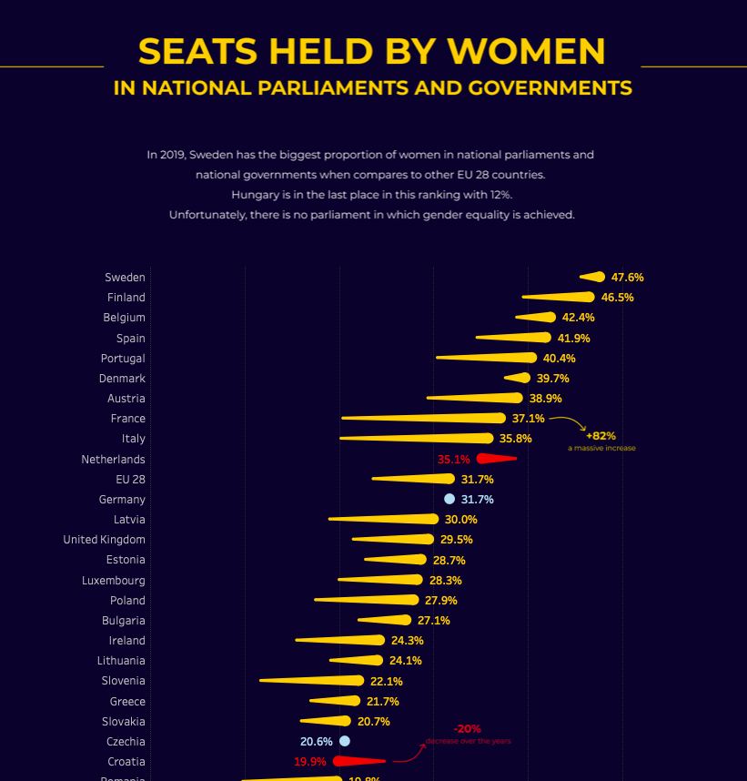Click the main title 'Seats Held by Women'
[372, 51]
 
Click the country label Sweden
[125, 278]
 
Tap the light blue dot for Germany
[449, 499]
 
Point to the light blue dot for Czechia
[344, 741]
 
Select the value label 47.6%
[628, 278]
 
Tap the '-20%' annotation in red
[468, 729]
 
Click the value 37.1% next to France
[528, 419]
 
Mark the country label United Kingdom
[104, 540]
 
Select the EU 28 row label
[130, 479]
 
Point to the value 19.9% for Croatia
[309, 762]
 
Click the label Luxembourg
[113, 580]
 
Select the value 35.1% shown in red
[453, 460]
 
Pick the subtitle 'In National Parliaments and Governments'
[372, 88]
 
